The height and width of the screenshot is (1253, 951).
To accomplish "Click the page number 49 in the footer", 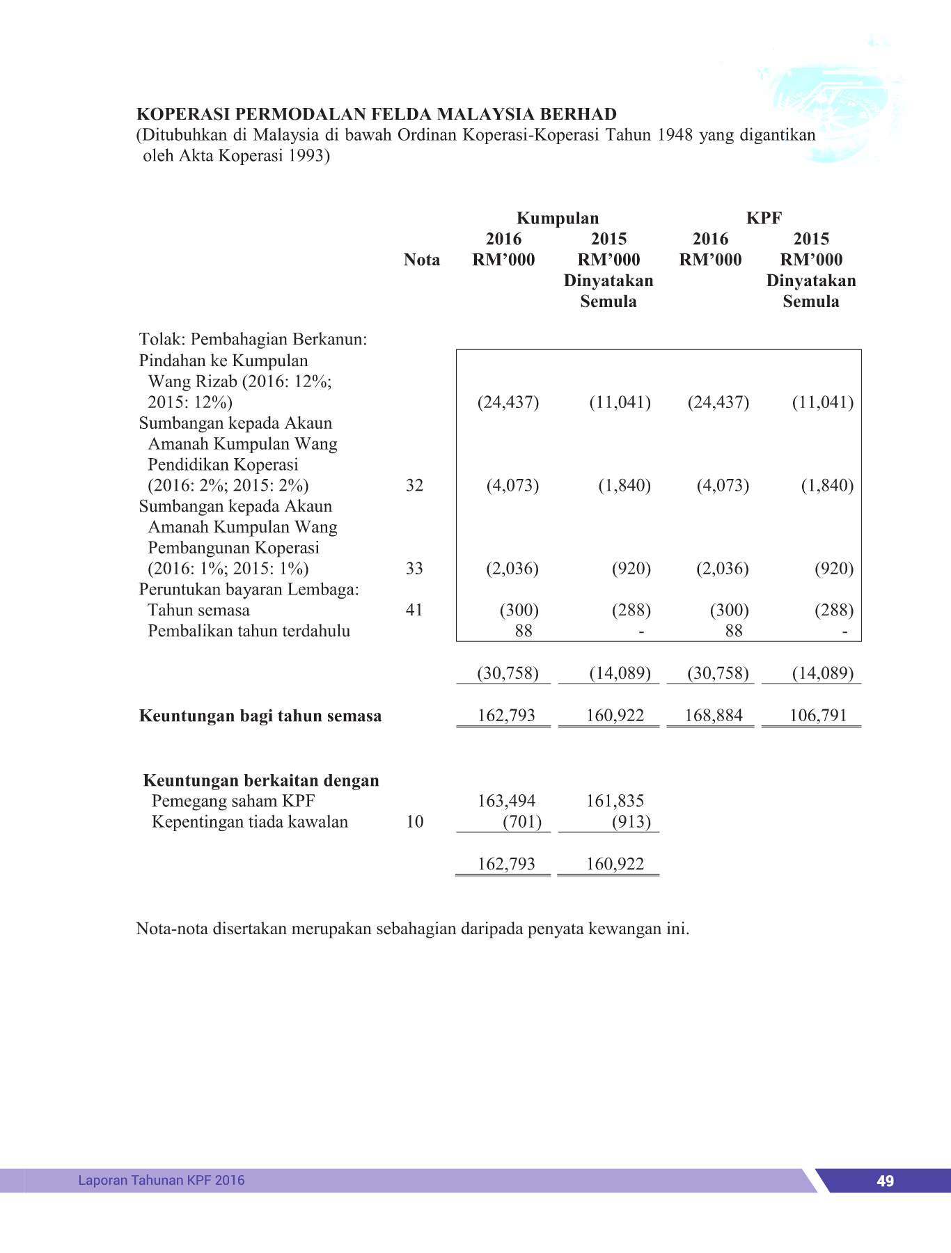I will point(885,1181).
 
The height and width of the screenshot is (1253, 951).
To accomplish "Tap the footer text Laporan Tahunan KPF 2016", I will point(162,1180).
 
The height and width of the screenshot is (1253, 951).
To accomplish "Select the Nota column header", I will point(421,260).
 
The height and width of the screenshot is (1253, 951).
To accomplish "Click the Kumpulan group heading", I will point(557,218).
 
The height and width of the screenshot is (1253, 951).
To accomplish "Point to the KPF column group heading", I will point(764,218).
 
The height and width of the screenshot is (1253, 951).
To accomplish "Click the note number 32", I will point(414,485).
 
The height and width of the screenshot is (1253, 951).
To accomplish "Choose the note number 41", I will point(414,610).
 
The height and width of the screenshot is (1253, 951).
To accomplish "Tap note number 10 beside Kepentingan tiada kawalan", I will point(414,821).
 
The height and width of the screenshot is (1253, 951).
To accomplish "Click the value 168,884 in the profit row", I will point(714,715).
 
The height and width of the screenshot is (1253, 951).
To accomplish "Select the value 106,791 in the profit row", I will point(818,715).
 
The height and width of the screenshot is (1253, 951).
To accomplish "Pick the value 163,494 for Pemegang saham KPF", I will point(506,801).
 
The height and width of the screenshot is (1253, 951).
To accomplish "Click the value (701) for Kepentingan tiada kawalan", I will point(521,821).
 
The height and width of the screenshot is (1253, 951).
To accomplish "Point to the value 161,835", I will point(615,801).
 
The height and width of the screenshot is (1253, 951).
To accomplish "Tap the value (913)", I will point(631,821).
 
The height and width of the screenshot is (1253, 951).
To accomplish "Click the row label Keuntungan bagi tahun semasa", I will point(260,716).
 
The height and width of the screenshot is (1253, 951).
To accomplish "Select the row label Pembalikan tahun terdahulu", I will point(249,631).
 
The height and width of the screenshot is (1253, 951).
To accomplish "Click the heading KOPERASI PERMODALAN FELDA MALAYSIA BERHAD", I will point(377,114).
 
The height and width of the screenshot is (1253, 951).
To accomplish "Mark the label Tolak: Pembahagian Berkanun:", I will point(253,339).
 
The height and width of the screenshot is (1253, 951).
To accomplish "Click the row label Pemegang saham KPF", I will point(233,801).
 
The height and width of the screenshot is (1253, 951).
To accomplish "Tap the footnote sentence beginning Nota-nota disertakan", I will point(412,929).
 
